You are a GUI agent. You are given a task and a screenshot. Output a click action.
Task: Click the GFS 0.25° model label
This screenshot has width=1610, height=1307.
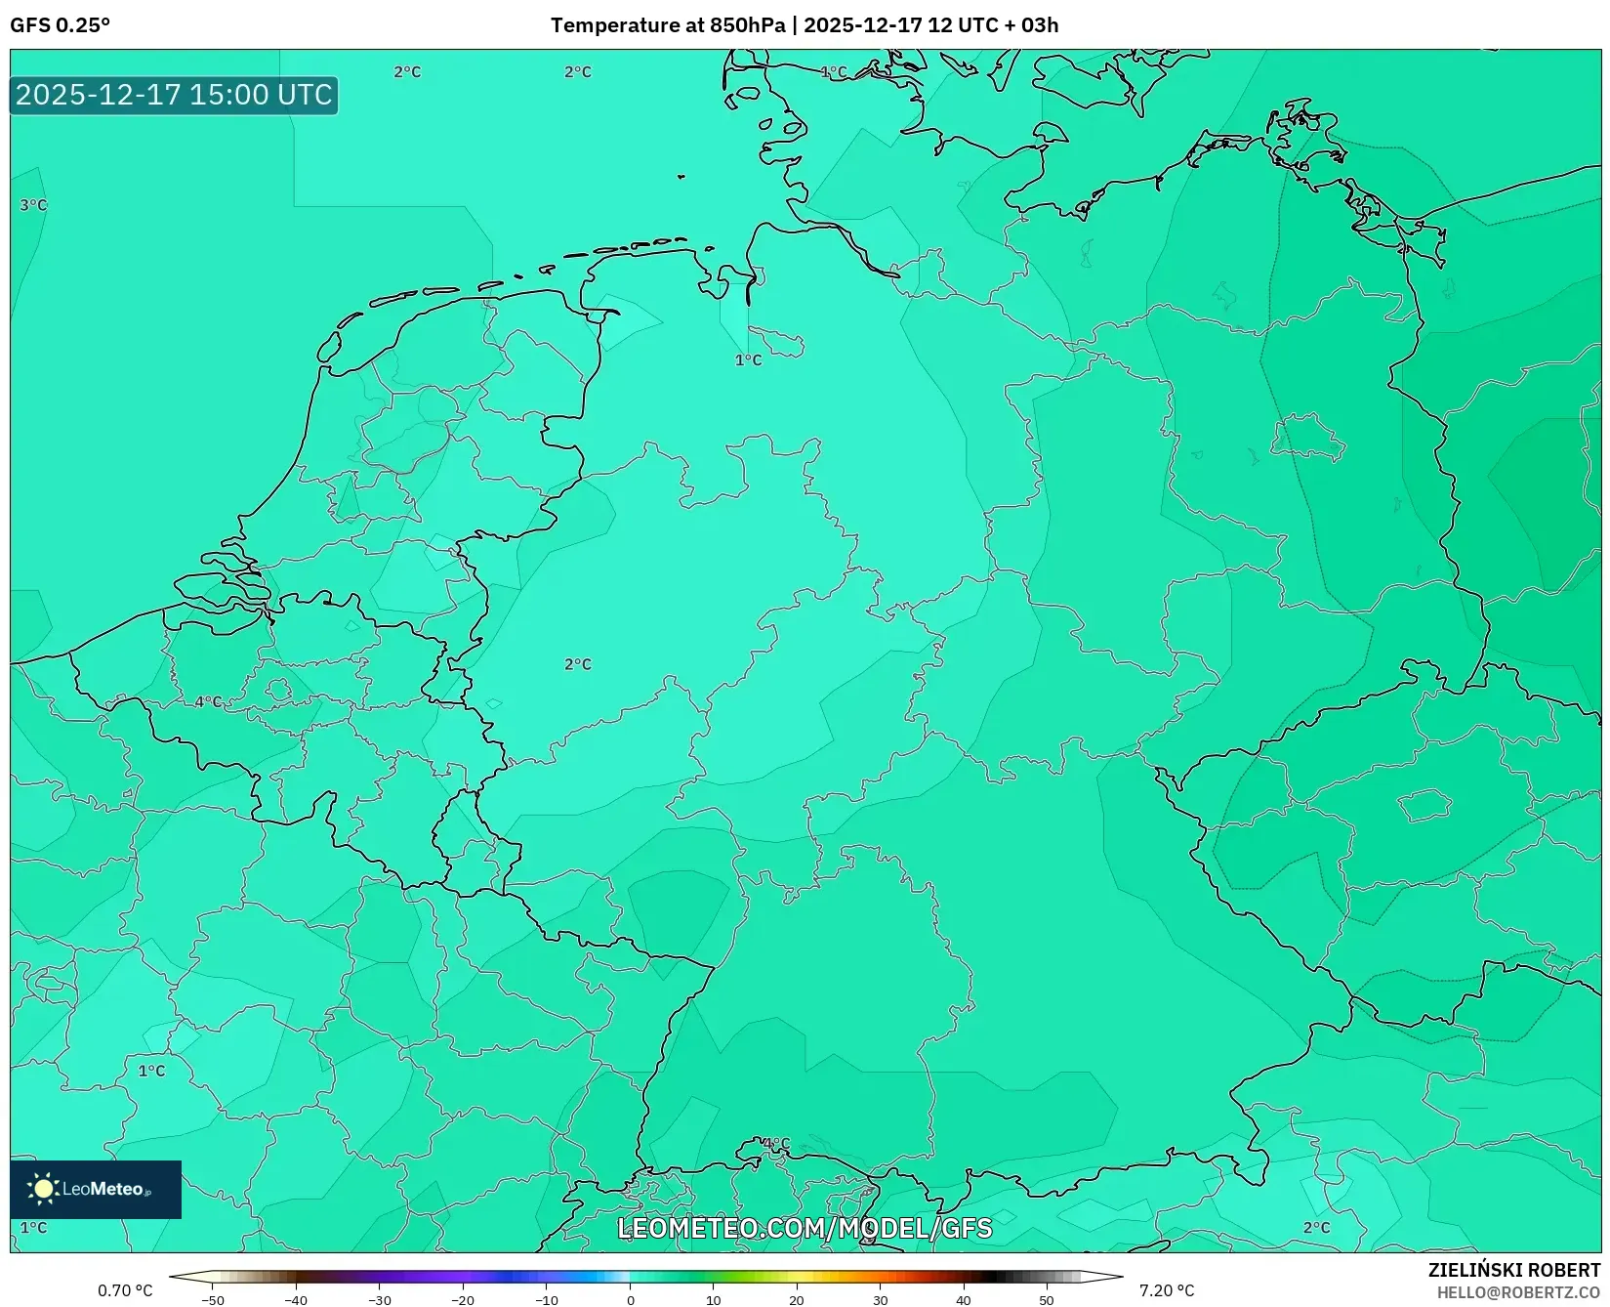pos(60,25)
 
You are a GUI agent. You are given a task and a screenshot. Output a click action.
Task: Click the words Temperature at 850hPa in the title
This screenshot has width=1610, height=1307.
pos(667,25)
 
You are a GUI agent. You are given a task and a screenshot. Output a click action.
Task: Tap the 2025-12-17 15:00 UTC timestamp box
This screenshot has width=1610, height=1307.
pos(174,95)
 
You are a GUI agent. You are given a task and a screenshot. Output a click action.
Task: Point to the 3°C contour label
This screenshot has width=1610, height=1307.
pos(33,205)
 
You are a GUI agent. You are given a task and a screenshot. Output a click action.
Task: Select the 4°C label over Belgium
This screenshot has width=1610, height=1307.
pos(208,701)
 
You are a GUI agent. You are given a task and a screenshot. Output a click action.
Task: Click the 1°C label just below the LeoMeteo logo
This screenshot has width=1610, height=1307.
pos(33,1227)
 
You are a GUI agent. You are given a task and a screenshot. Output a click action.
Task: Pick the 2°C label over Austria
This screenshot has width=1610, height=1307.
pos(1316,1227)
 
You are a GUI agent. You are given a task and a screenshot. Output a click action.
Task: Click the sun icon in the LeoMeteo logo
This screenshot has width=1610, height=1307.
pos(44,1189)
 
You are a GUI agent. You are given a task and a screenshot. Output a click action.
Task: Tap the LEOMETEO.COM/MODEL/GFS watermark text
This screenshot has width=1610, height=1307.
pos(805,1228)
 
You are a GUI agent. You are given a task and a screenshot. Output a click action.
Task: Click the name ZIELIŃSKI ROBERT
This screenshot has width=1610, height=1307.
pos(1513,1270)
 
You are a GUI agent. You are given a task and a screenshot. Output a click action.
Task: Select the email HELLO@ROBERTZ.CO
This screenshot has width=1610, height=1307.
pos(1517,1291)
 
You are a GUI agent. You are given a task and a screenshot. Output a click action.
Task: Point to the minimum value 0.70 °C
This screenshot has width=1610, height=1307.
pos(125,1290)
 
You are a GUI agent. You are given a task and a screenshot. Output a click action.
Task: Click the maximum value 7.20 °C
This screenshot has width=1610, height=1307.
pos(1167,1290)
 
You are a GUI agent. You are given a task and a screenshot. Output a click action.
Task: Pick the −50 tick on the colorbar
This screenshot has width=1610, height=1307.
pos(212,1300)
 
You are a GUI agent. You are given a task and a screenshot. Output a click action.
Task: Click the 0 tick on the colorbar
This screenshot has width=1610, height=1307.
pos(630,1300)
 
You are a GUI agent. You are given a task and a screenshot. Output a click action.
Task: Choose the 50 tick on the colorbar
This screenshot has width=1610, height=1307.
pos(1047,1300)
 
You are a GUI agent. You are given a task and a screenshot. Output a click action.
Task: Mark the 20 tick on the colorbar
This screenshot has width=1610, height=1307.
pos(797,1300)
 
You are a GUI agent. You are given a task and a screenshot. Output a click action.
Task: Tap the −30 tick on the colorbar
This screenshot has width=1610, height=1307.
pos(379,1300)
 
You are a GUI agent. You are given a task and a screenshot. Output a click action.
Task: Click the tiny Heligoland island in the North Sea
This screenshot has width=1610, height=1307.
pos(681,177)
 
